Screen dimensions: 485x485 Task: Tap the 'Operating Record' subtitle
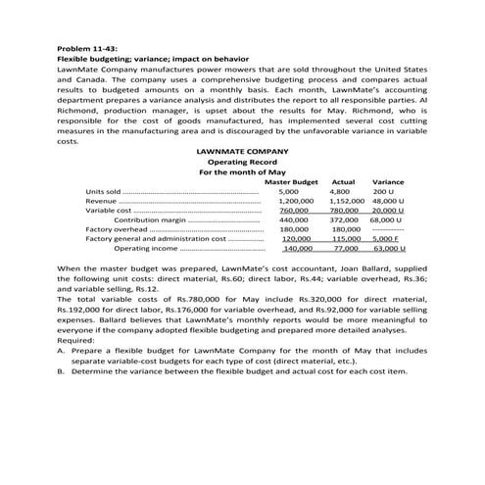242,163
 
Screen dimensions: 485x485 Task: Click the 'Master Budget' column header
291,181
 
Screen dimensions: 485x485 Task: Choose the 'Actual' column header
343,181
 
